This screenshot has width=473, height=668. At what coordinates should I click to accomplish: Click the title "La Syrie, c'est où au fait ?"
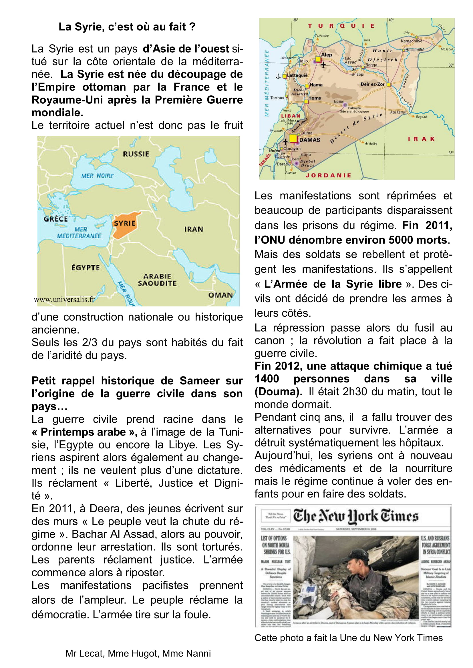pos(127,27)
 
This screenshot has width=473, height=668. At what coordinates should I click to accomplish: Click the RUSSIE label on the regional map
pos(136,154)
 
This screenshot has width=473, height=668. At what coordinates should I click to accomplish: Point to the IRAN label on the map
pos(194,229)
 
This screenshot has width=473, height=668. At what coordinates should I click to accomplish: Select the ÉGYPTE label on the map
pos(86,268)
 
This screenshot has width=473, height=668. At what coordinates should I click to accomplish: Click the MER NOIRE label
pos(98,176)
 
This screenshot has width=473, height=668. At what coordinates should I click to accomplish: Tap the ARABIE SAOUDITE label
pos(157,280)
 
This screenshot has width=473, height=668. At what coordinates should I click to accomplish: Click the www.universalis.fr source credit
pos(64,299)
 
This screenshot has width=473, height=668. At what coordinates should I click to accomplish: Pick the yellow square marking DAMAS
pos(293,139)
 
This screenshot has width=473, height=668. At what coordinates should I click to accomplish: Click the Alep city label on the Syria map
pos(327,55)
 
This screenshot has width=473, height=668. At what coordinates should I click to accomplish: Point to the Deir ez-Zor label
pos(373,84)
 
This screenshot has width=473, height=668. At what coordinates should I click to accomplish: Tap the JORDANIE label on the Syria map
pos(329,175)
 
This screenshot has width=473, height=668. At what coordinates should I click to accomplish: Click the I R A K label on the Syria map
pos(421,139)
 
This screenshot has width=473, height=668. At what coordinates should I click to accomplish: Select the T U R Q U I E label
pos(341,26)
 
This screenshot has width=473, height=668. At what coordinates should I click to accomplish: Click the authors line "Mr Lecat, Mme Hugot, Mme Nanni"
pos(138,653)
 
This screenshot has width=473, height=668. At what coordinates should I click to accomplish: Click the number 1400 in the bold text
pos(267,379)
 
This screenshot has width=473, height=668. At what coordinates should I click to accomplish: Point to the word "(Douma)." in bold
pos(279,392)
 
